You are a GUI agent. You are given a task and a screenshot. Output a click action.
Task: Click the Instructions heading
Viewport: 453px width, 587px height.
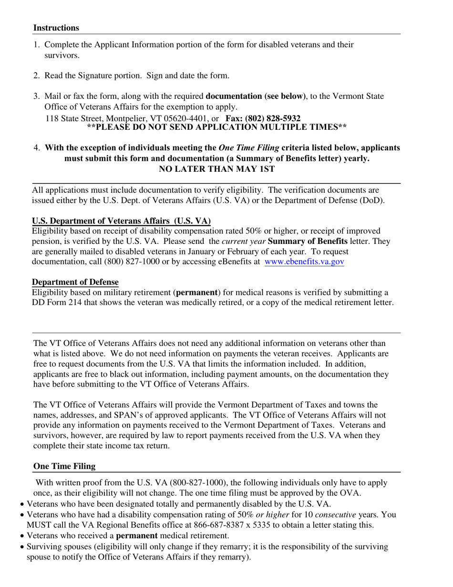[56, 28]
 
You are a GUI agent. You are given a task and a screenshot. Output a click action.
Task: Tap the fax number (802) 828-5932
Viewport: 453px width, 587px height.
[272, 118]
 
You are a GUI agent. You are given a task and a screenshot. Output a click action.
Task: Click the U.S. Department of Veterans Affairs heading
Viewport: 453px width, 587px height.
[121, 220]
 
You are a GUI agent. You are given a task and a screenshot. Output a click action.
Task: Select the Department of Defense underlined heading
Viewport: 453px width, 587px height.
[75, 282]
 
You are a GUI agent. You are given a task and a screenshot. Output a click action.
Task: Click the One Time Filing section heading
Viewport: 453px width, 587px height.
[64, 466]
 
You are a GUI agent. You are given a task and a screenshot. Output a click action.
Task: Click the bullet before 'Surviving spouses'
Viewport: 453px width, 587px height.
[22, 547]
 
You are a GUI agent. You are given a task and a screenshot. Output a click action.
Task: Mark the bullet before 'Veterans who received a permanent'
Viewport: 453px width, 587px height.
[22, 536]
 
